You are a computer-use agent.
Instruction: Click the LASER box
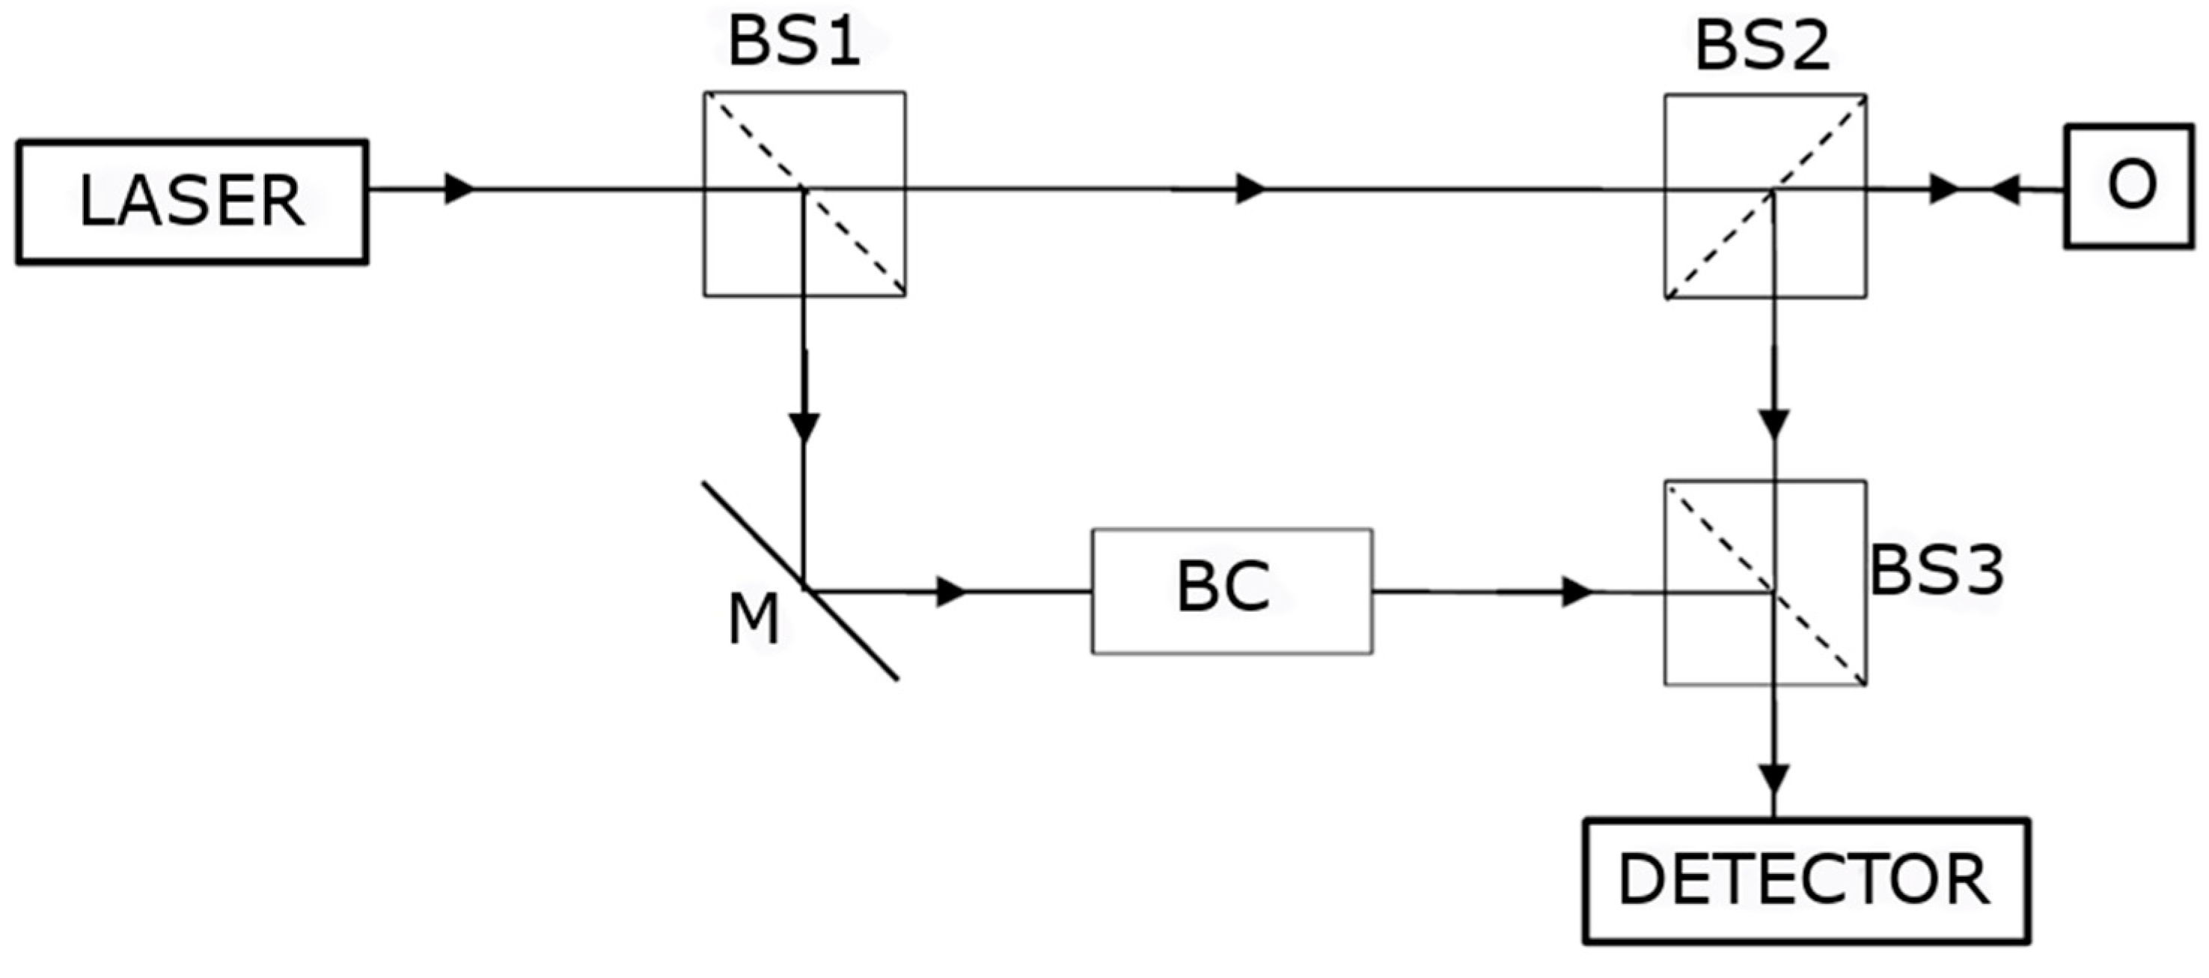click(192, 202)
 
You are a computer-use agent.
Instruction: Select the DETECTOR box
click(1806, 881)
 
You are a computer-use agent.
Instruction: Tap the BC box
click(1232, 591)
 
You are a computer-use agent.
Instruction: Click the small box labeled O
click(2128, 186)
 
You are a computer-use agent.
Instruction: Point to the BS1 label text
click(794, 43)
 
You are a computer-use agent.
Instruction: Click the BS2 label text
click(1763, 46)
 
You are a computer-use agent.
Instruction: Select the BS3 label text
click(1937, 571)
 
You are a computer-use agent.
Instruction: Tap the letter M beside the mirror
click(753, 621)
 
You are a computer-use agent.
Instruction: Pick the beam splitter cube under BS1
click(804, 194)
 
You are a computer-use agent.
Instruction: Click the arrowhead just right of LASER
click(459, 189)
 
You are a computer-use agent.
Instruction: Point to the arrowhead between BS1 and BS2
click(1251, 189)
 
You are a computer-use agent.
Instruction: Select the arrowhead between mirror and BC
click(951, 592)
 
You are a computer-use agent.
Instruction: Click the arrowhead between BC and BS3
click(1577, 592)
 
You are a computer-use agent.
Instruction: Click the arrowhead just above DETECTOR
click(1773, 780)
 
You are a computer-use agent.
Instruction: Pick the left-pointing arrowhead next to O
click(2004, 189)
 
